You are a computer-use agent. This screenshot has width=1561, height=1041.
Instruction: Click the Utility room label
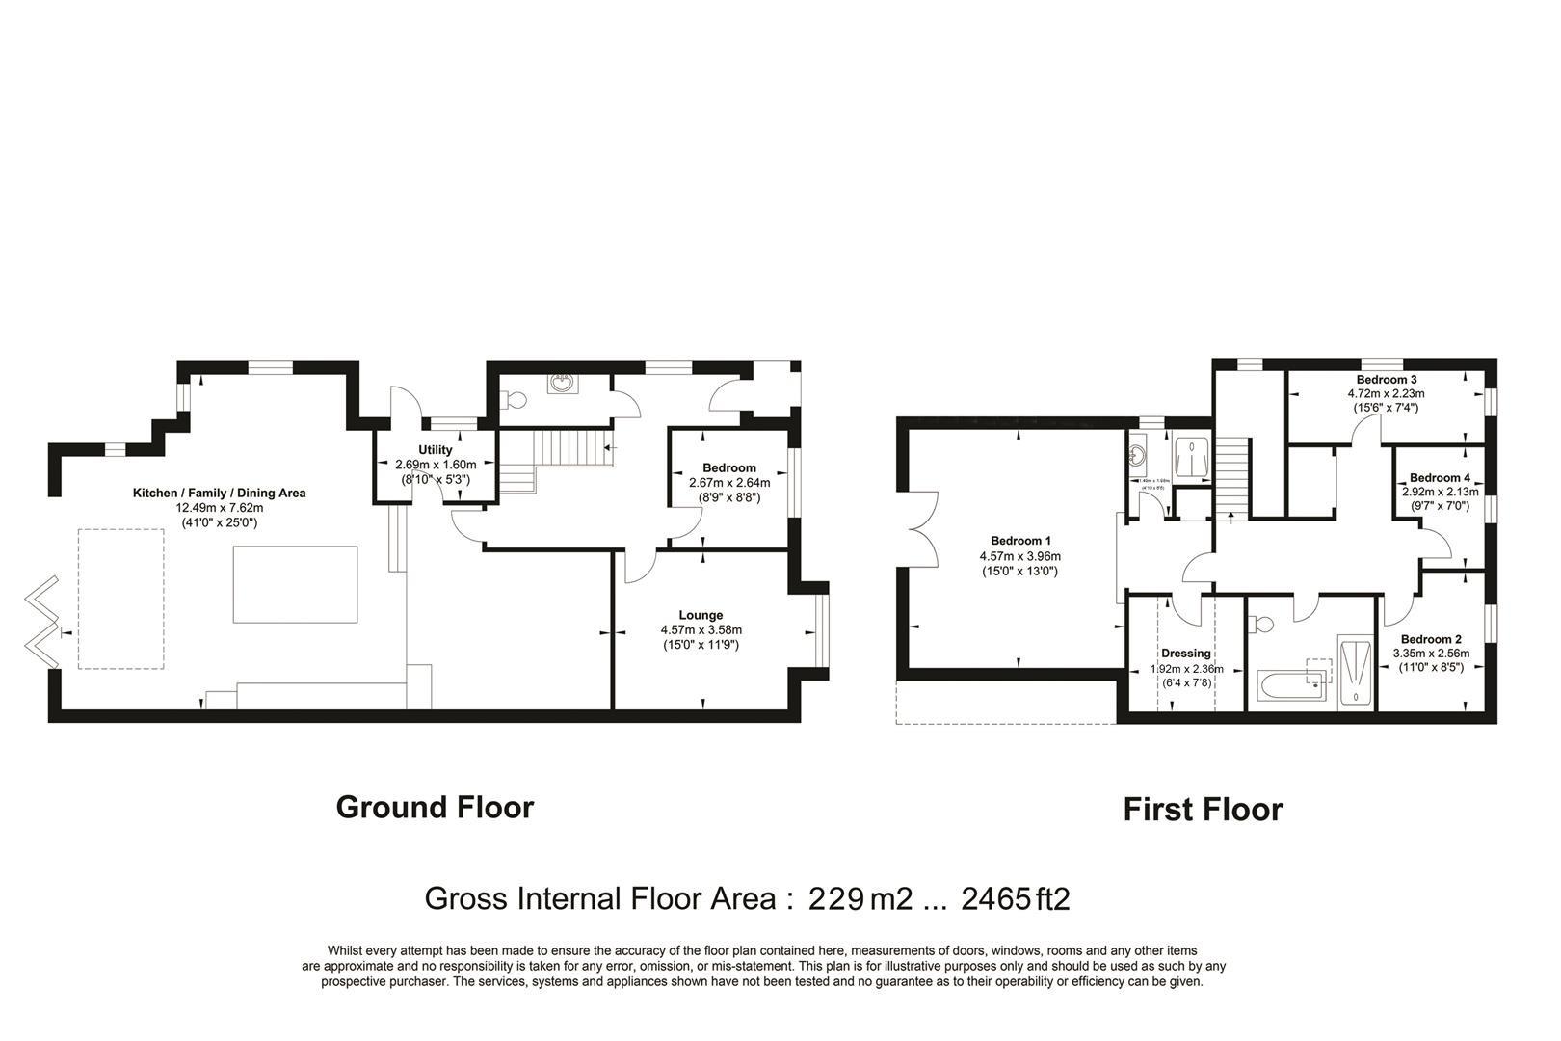pyautogui.click(x=435, y=450)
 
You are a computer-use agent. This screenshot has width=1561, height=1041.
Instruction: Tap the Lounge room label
pyautogui.click(x=701, y=615)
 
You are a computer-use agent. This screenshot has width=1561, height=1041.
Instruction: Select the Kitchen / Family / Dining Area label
pyautogui.click(x=219, y=493)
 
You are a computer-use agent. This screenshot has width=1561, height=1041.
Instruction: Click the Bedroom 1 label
pyautogui.click(x=1020, y=541)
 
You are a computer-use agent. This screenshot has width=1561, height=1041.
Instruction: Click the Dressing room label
pyautogui.click(x=1185, y=654)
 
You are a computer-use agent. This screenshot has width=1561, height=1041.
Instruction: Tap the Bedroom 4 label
pyautogui.click(x=1440, y=478)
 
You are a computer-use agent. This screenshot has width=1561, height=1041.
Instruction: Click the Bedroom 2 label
pyautogui.click(x=1431, y=639)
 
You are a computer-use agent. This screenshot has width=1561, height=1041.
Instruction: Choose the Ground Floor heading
pyautogui.click(x=435, y=807)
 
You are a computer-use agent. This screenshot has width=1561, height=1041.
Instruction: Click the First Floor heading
pyautogui.click(x=1203, y=810)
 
